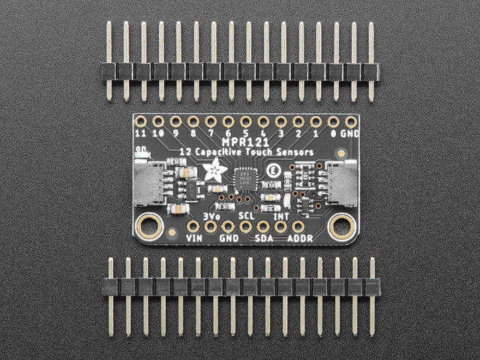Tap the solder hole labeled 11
[x=140, y=121]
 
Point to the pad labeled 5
[x=245, y=121]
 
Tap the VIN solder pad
[x=193, y=226]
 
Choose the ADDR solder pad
[x=298, y=226]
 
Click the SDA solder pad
[x=263, y=226]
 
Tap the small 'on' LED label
[x=140, y=148]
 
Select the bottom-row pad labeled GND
[x=228, y=226]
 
